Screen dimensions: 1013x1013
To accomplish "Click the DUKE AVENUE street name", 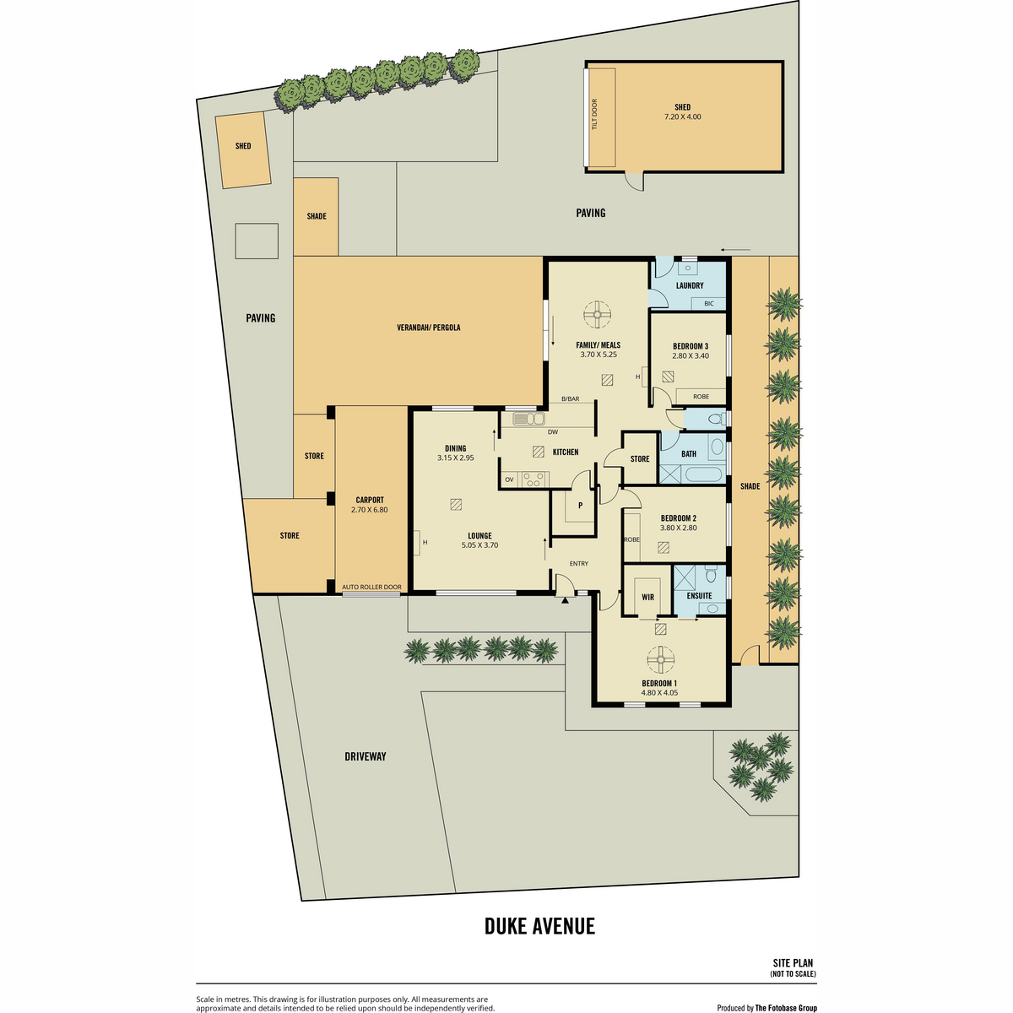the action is click(x=539, y=926).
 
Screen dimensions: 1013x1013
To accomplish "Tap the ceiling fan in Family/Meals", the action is click(x=597, y=315).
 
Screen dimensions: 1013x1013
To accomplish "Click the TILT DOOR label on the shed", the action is click(x=595, y=115).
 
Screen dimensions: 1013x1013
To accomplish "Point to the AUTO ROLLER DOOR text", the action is click(x=371, y=588).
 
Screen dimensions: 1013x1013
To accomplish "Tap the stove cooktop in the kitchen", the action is click(x=533, y=479).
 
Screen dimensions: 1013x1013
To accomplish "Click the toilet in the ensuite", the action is click(x=711, y=573).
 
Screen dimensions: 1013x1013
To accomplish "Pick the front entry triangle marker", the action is click(x=565, y=599).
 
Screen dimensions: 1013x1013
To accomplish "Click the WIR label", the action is click(x=647, y=597).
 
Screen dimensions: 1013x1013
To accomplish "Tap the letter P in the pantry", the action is click(x=580, y=505).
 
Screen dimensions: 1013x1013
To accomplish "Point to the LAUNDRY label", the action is click(x=689, y=285).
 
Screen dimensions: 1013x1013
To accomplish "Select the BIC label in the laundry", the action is click(x=708, y=303).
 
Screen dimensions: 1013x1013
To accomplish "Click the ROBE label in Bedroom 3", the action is click(x=701, y=397).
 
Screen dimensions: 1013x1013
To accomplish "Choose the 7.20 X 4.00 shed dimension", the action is click(x=682, y=116).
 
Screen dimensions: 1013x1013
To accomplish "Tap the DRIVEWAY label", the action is click(x=366, y=756).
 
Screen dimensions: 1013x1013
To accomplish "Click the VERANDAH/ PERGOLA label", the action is click(x=429, y=328).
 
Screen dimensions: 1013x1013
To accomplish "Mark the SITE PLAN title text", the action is click(x=793, y=963).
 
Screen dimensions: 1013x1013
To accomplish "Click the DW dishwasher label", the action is click(x=552, y=432).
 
